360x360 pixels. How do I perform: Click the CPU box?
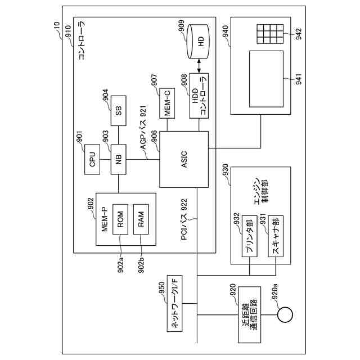tap(92, 159)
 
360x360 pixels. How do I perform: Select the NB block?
tap(119, 159)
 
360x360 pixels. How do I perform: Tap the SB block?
tap(119, 111)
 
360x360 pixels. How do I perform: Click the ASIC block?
tap(184, 159)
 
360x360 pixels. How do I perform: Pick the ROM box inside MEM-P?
tap(120, 219)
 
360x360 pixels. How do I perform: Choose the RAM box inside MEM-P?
tap(141, 219)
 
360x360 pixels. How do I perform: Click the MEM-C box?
tap(167, 103)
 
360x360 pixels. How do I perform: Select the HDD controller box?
tap(199, 96)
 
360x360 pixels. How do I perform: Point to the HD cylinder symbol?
tap(198, 41)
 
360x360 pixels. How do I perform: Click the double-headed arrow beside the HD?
tap(199, 66)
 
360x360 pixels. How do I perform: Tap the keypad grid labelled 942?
tap(270, 34)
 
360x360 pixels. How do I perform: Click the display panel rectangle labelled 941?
tap(266, 79)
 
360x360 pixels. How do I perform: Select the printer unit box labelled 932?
tap(249, 236)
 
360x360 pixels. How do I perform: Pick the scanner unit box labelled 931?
tap(276, 236)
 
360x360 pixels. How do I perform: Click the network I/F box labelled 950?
tap(174, 304)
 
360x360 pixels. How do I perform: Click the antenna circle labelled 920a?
tap(285, 314)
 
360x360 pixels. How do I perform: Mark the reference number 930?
tap(226, 170)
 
